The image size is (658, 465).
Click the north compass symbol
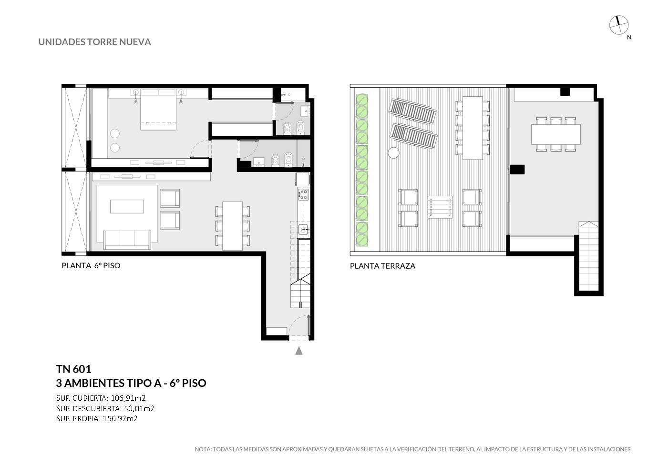click(x=618, y=25)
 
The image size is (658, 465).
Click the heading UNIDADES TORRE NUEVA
click(x=94, y=42)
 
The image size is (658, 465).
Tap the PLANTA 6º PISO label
click(x=91, y=265)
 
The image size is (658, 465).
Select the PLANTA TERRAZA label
click(x=382, y=266)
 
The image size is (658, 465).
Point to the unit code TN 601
click(x=74, y=369)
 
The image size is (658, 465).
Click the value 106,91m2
click(x=128, y=398)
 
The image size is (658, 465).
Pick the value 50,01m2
click(x=139, y=408)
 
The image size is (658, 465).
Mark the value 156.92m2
click(x=120, y=418)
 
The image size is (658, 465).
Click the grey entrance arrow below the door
click(x=299, y=351)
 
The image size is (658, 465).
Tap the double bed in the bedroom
click(x=159, y=110)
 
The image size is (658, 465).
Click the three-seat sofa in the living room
click(x=127, y=240)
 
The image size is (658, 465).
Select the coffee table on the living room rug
click(x=127, y=206)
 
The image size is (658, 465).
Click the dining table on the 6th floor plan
click(x=232, y=226)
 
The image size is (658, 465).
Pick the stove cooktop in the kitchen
click(x=303, y=194)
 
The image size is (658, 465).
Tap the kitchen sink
click(x=303, y=229)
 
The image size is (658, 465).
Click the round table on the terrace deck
click(x=393, y=152)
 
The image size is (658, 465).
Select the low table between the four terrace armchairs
click(x=440, y=207)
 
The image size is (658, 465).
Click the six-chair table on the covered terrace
click(x=556, y=134)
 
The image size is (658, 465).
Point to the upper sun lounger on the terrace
click(x=412, y=111)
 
